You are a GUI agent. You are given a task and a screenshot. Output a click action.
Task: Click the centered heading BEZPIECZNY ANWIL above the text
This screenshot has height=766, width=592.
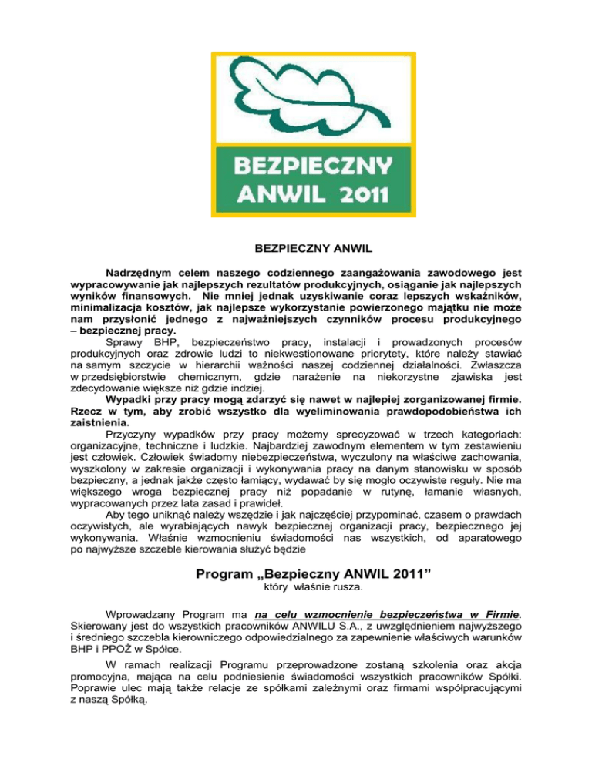(295, 249)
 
